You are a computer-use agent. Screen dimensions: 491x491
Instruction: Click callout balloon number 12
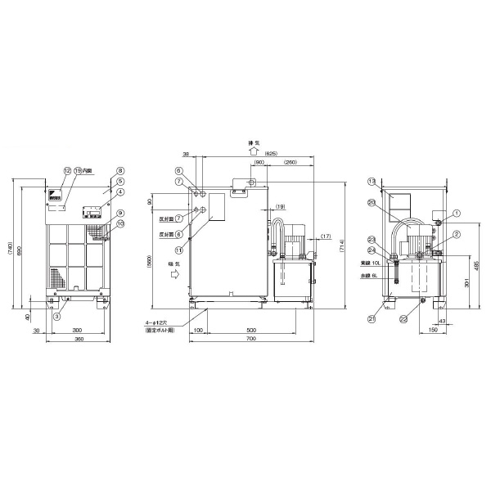pyautogui.click(x=68, y=171)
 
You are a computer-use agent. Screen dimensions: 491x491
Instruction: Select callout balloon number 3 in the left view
pyautogui.click(x=57, y=316)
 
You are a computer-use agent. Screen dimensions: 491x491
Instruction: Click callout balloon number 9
pyautogui.click(x=119, y=213)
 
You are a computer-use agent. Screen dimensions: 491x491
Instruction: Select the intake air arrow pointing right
pyautogui.click(x=173, y=276)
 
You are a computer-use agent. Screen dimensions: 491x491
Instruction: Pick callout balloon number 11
pyautogui.click(x=178, y=250)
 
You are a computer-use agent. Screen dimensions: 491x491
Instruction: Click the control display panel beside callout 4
pyautogui.click(x=93, y=210)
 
